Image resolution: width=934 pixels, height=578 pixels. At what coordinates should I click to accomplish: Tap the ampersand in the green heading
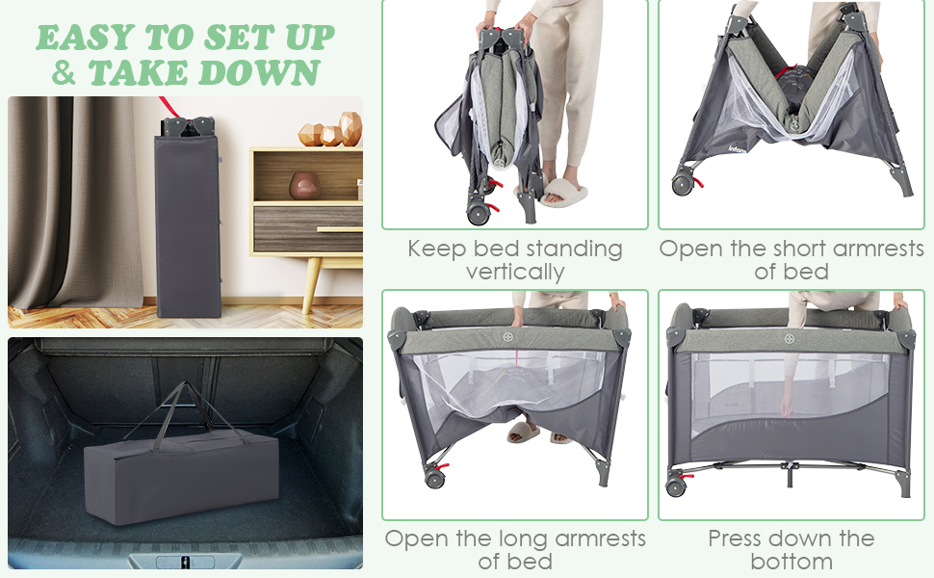coord(64,73)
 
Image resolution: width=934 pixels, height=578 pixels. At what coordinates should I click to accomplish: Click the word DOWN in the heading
coord(259,73)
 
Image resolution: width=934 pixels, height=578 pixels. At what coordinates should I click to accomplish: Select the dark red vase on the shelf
coord(304,186)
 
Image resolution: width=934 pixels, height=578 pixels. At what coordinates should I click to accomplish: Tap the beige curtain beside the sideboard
coord(74,202)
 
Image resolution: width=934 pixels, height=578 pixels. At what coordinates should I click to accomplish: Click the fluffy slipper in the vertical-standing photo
coord(562,192)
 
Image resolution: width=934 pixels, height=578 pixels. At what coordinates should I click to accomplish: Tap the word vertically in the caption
coord(514,272)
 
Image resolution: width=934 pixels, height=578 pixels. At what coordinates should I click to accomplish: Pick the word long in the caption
coord(524,539)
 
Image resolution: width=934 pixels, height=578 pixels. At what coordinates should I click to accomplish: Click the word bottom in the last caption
coord(791,561)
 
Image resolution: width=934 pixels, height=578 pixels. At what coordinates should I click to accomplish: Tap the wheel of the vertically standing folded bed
coord(479,214)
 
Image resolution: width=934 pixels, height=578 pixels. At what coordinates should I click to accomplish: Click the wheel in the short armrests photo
coord(683,184)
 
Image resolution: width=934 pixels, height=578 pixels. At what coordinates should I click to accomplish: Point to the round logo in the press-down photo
coord(790,339)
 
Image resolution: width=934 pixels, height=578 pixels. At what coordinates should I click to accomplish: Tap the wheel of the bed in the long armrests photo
coord(434,478)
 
